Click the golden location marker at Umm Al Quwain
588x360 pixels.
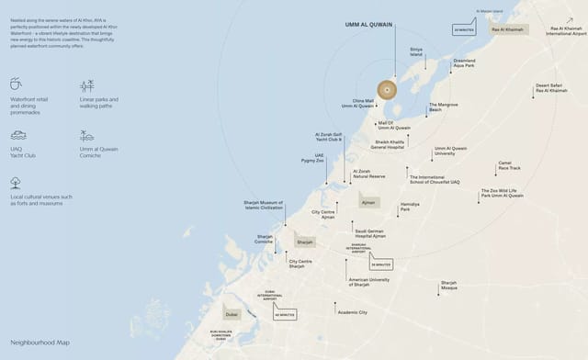[x=387, y=89]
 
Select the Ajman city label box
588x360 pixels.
[x=368, y=200]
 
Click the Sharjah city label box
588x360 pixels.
[x=304, y=241]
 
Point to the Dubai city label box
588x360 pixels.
[x=232, y=313]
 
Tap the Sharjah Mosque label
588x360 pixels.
[x=448, y=285]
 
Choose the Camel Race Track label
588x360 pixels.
[x=509, y=165]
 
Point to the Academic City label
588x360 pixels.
[x=352, y=312]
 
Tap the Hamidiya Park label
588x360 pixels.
[x=410, y=208]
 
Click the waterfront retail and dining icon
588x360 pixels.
[x=16, y=84]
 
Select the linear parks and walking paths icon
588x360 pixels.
[x=86, y=85]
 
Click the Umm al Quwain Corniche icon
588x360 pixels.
[x=86, y=135]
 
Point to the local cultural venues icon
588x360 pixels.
[x=16, y=182]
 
